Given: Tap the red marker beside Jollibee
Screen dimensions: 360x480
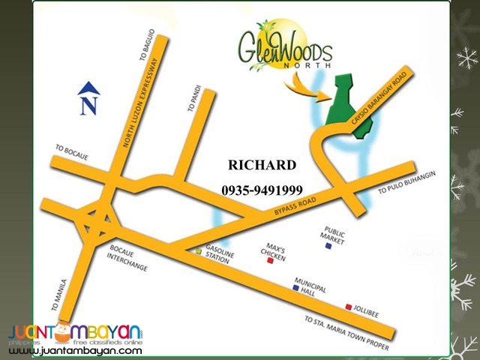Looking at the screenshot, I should (349, 307).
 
